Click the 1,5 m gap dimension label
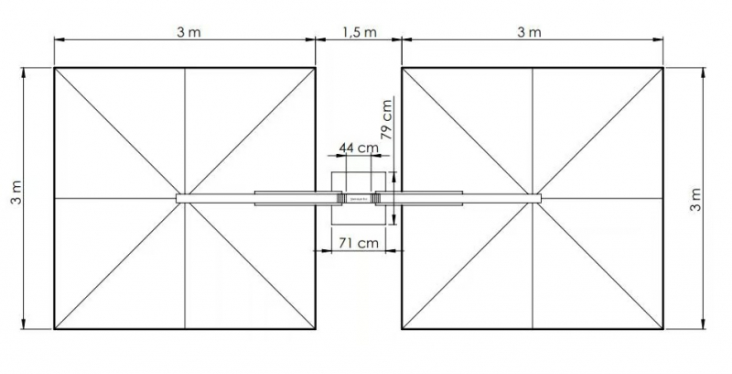click(x=359, y=32)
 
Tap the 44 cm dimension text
click(x=359, y=148)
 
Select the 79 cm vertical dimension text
click(x=387, y=120)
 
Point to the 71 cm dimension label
click(x=359, y=243)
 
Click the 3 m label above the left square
click(x=188, y=32)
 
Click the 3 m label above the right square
click(x=529, y=32)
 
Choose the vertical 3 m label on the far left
click(x=16, y=193)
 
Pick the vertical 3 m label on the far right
click(x=696, y=200)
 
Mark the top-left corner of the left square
click(x=54, y=68)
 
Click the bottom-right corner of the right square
click(x=662, y=329)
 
